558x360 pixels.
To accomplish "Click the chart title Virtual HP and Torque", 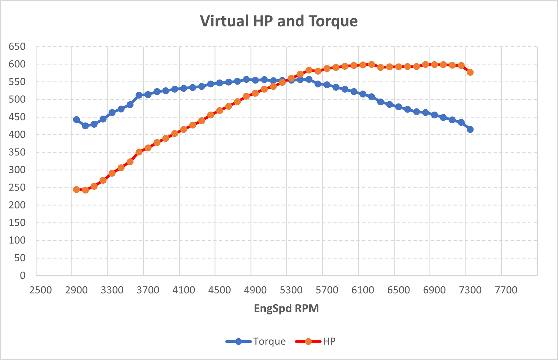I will click(x=279, y=21).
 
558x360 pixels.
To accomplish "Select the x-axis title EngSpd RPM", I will click(x=286, y=308).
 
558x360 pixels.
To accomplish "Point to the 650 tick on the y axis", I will click(x=17, y=47).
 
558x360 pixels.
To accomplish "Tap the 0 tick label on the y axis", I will click(x=22, y=275).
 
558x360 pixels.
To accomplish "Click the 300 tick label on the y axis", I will click(x=17, y=170).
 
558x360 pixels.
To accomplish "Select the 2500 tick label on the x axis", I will click(x=41, y=290).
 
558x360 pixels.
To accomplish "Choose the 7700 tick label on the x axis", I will click(x=506, y=290).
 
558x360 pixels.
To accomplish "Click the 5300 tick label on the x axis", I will click(x=291, y=290).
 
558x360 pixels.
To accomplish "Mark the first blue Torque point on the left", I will click(x=76, y=120).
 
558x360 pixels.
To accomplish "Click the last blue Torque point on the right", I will click(x=470, y=129).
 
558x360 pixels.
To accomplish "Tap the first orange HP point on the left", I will click(x=76, y=189).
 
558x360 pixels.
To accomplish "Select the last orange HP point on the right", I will click(x=470, y=72).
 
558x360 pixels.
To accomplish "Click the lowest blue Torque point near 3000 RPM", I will click(x=85, y=126).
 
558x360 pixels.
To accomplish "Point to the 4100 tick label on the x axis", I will click(x=184, y=290).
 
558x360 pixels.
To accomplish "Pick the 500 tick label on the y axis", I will click(x=17, y=99).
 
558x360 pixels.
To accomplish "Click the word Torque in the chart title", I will click(x=333, y=21).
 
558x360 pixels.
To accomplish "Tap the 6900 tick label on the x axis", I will click(x=434, y=290).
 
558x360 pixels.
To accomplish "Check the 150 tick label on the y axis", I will click(x=17, y=222).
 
